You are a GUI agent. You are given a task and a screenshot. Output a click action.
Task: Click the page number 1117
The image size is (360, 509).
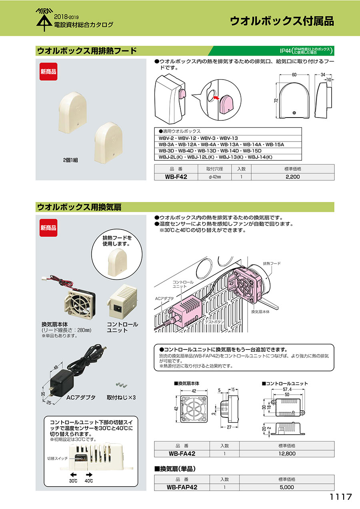pos(340,497)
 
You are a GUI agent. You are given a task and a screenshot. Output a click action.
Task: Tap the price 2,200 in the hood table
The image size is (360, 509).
pos(292,176)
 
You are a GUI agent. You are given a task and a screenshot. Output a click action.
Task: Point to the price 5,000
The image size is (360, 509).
pos(287,487)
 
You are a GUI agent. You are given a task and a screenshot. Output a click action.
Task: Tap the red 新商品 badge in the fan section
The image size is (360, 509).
pos(48,228)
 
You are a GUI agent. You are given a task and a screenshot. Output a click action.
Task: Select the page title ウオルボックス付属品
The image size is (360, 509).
pos(282,21)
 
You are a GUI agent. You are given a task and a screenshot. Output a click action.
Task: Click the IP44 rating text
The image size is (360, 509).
pos(285,51)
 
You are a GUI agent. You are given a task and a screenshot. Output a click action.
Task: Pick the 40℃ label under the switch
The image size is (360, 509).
pos(89,481)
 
